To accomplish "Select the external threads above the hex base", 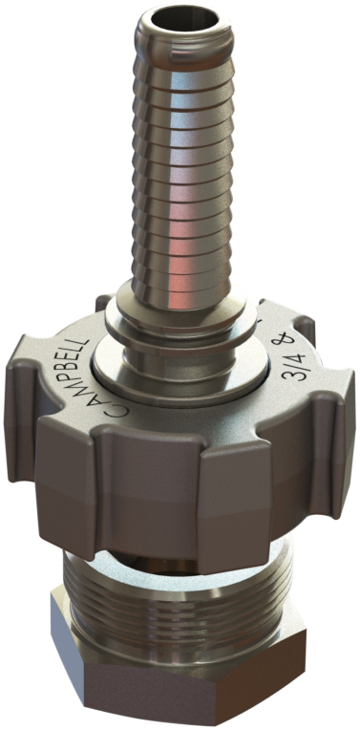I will tap(181, 592).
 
